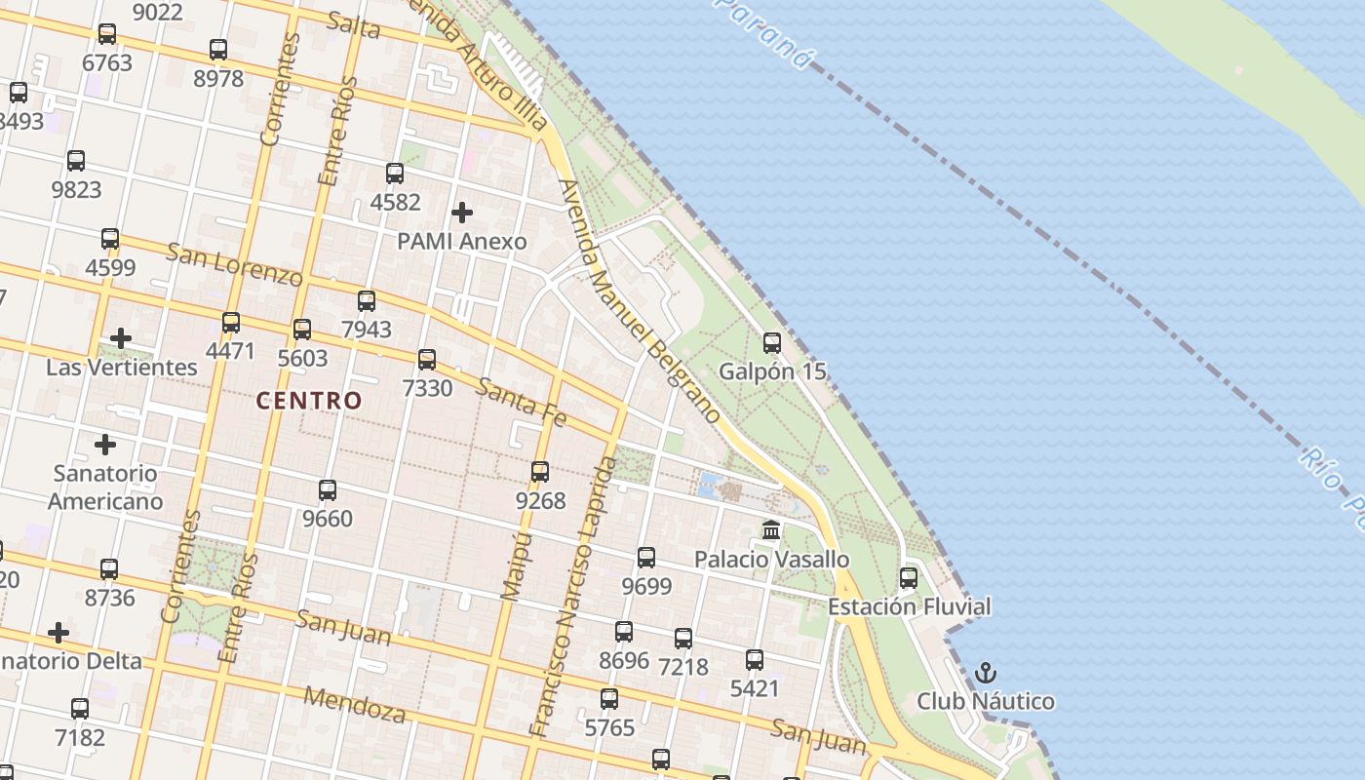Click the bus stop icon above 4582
395,174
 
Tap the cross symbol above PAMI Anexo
462,212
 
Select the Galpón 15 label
772,371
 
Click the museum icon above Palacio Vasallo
771,530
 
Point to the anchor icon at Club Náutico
986,673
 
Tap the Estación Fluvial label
909,606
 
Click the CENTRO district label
308,400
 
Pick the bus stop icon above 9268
540,472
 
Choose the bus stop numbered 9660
328,490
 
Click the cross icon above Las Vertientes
121,338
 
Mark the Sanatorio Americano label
105,487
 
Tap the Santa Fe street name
522,402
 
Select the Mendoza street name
355,704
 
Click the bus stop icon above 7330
427,360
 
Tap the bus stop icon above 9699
646,558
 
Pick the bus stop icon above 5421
755,660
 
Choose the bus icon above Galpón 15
772,342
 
